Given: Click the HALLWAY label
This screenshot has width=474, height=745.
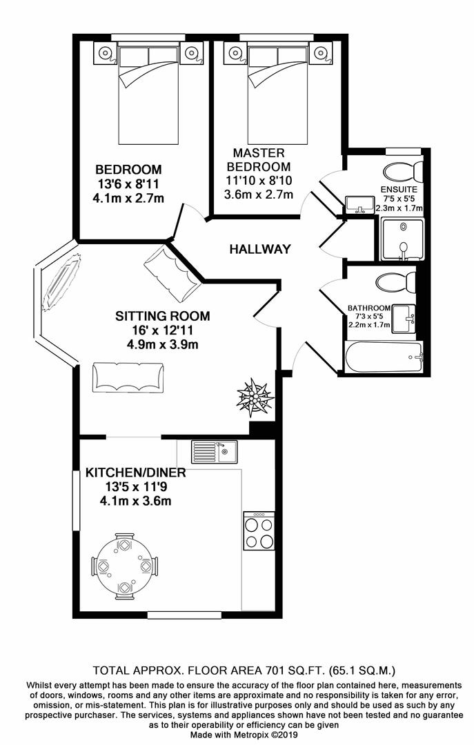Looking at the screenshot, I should tap(260, 249).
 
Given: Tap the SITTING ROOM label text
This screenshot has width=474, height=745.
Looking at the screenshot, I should tap(162, 317).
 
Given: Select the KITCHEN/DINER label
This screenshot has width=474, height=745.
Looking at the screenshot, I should tap(135, 473).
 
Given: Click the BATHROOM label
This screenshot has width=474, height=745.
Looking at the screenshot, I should tap(369, 308).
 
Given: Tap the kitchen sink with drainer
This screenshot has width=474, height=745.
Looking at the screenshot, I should tap(214, 453).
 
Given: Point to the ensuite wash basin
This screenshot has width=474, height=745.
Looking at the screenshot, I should tap(358, 205).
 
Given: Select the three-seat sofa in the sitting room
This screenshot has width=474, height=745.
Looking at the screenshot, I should tap(128, 376).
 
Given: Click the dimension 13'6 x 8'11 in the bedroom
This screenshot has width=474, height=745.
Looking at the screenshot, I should tap(128, 184).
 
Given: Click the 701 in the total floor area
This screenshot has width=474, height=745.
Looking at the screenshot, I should tap(257, 669).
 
